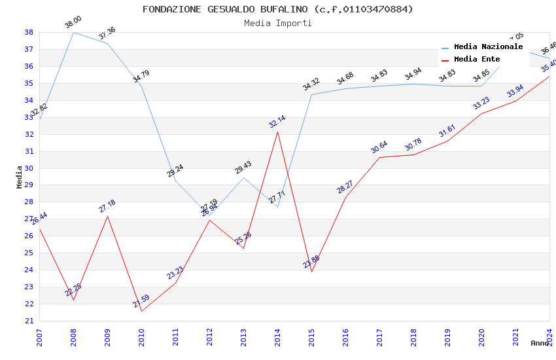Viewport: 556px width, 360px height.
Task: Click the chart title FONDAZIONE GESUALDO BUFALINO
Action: coord(278,9)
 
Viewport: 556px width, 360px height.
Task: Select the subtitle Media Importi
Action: coord(278,23)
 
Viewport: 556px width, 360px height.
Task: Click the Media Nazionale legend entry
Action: coord(488,47)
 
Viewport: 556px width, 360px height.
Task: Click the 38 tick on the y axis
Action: coord(29,32)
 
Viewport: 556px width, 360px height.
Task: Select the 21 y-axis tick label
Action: coord(29,321)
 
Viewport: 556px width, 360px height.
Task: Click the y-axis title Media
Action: coord(20,177)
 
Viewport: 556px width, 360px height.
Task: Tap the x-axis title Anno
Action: coord(540,343)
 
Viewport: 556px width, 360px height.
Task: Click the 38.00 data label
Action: coord(73,23)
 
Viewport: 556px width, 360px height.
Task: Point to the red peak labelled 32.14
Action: coord(277,132)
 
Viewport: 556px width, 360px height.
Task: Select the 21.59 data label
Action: coord(141,301)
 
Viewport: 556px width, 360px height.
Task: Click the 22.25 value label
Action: coord(73,290)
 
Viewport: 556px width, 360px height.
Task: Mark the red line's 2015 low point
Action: coord(311,272)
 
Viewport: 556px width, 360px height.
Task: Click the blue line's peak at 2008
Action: coord(73,32)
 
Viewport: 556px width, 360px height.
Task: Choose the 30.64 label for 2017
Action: coord(379,147)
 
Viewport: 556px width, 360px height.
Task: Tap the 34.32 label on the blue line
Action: coord(311,84)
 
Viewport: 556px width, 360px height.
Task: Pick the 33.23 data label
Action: coord(481,103)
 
